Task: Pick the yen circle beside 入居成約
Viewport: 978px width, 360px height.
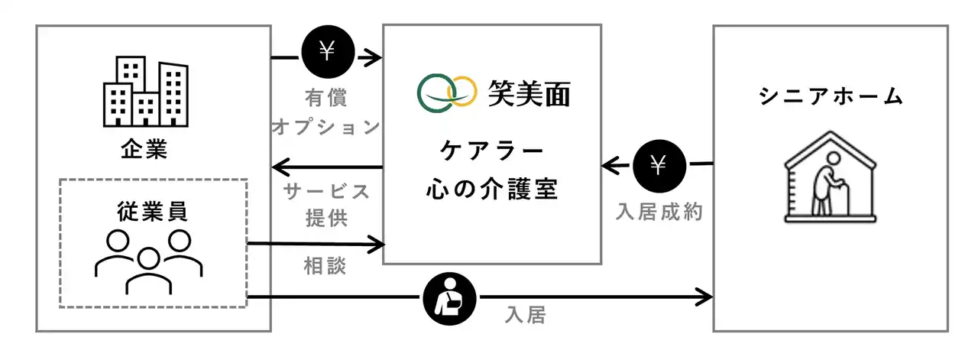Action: tap(658, 166)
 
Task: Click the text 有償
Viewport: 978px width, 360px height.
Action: tap(326, 97)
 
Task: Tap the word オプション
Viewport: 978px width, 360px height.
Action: tap(326, 127)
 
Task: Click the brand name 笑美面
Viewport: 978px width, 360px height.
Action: tap(529, 93)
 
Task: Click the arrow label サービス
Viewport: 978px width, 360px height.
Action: tap(326, 190)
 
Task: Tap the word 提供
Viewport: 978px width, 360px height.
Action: tap(326, 217)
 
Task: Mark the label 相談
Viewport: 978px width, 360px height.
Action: tap(326, 266)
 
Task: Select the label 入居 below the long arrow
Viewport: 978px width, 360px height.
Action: tap(526, 314)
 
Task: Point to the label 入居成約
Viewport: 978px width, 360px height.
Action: tap(659, 212)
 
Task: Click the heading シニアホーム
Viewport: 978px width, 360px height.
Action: tap(831, 97)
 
